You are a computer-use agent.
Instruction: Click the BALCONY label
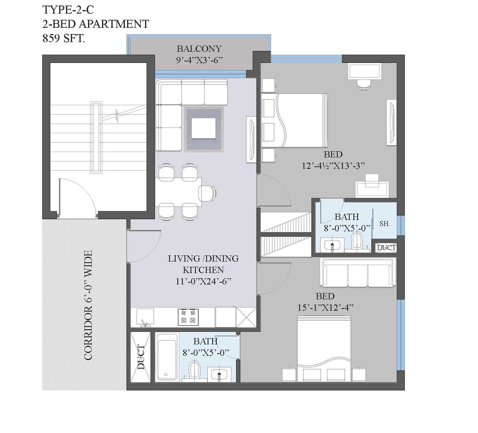click(x=199, y=49)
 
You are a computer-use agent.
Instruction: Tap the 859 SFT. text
click(x=64, y=38)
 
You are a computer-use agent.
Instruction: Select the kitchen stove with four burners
click(x=188, y=317)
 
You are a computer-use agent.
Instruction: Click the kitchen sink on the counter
click(x=145, y=317)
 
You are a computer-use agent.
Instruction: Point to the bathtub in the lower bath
click(x=167, y=357)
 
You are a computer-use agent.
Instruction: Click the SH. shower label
click(x=385, y=224)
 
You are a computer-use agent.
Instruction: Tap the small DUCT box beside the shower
click(x=386, y=248)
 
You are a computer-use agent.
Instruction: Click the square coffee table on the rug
click(x=204, y=128)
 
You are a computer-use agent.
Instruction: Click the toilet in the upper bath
click(x=357, y=240)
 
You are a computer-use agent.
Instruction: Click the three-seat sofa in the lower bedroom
click(x=358, y=273)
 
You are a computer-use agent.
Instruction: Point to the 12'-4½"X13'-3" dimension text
click(x=333, y=166)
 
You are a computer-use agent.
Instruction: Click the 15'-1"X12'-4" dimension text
click(x=325, y=308)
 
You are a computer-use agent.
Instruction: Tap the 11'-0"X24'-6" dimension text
click(x=203, y=281)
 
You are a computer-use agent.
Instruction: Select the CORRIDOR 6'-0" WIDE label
click(x=88, y=305)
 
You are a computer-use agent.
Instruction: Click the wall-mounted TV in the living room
click(x=251, y=140)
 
